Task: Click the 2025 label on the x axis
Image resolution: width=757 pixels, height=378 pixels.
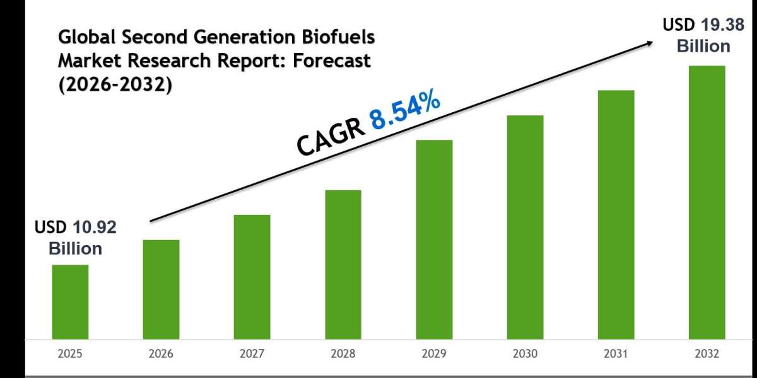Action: tap(70, 355)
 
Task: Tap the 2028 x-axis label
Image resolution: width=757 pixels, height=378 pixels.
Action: tap(343, 355)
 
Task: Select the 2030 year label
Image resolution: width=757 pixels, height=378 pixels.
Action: tap(525, 355)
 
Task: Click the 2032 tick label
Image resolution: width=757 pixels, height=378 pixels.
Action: tap(707, 355)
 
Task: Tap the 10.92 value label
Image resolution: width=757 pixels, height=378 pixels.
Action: tap(95, 228)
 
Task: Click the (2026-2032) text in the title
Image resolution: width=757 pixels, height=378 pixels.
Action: tap(115, 85)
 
